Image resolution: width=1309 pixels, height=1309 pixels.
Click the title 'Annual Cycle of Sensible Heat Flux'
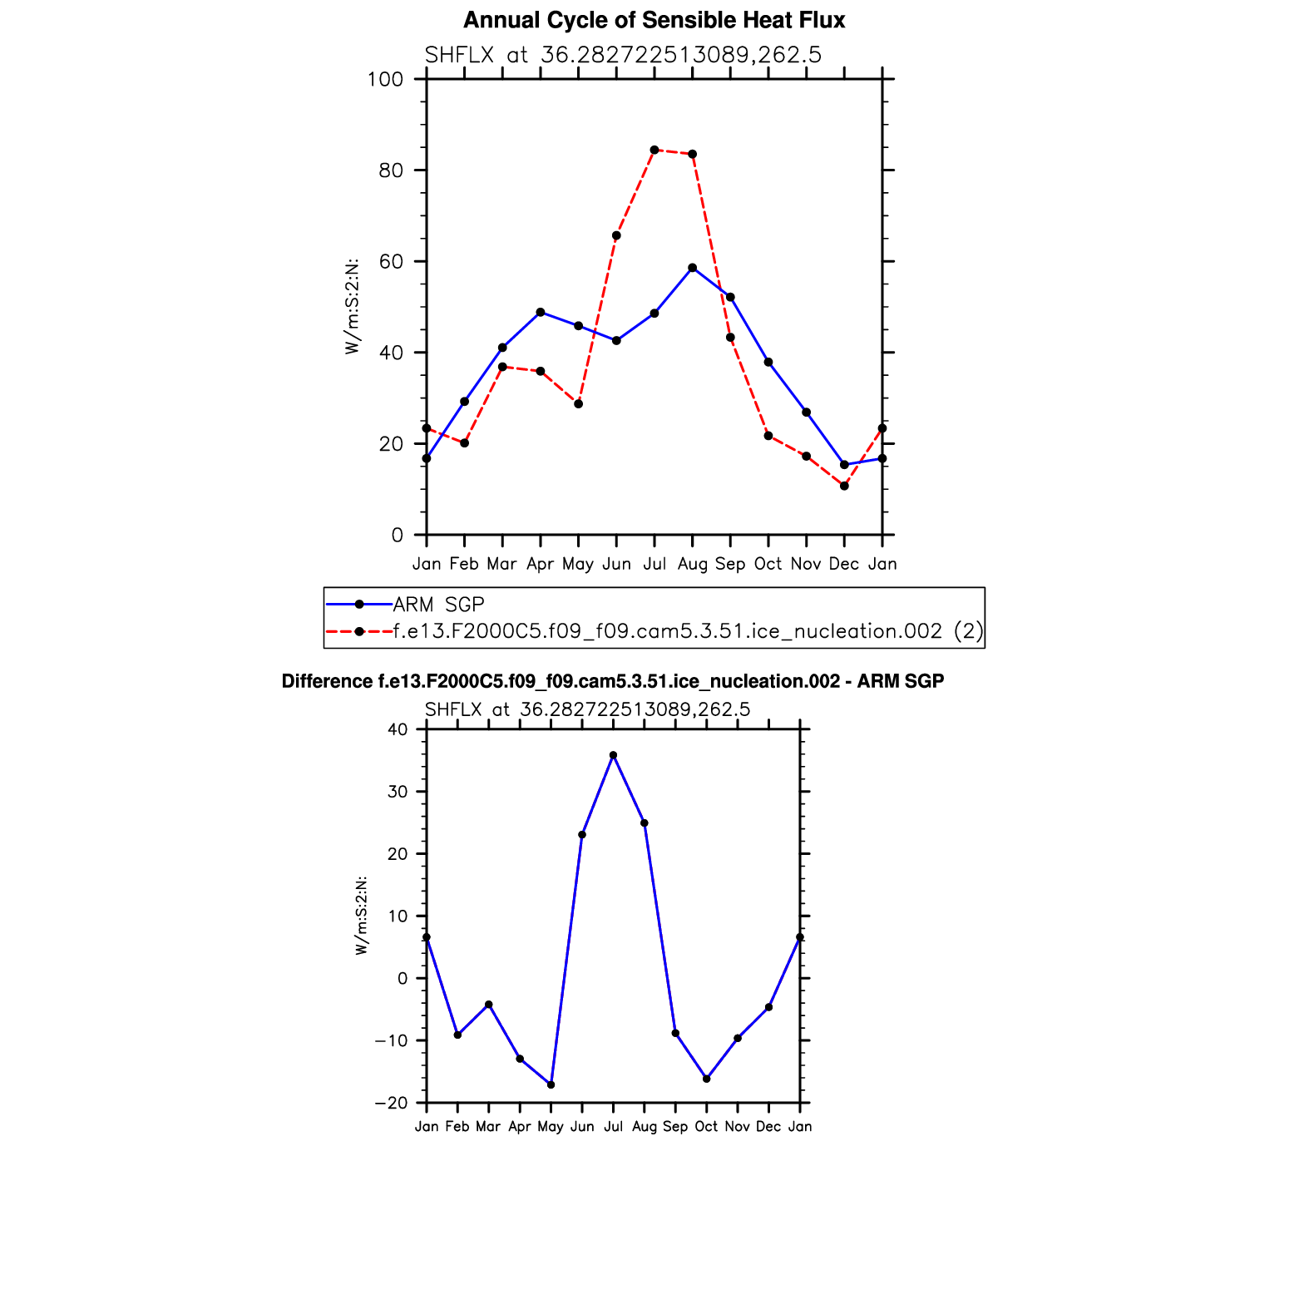(x=654, y=21)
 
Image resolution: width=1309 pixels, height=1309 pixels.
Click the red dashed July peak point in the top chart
(x=654, y=150)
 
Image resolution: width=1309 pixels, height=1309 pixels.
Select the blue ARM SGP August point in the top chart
(x=692, y=268)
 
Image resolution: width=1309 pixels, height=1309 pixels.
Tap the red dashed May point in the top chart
(x=579, y=404)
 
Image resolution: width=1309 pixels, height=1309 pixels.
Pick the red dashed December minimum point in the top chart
(x=844, y=486)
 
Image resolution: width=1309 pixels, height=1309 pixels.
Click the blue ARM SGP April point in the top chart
(x=541, y=312)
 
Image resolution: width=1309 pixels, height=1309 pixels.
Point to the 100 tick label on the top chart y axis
(x=385, y=80)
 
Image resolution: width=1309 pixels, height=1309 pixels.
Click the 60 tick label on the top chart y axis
(x=390, y=262)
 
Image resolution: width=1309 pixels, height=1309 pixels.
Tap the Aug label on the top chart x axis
(x=692, y=565)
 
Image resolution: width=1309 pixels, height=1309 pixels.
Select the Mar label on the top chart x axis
(x=501, y=565)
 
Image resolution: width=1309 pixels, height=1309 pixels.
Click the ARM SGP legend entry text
(x=438, y=605)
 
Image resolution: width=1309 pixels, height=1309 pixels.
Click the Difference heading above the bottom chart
(x=613, y=682)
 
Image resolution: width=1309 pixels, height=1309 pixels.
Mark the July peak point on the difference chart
(x=613, y=755)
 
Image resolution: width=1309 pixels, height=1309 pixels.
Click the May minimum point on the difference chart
(x=551, y=1084)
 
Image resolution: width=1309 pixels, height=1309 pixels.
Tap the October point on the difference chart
(x=706, y=1079)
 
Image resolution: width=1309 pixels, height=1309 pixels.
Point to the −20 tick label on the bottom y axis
(x=391, y=1104)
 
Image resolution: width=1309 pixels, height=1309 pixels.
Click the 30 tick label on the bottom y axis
(x=398, y=792)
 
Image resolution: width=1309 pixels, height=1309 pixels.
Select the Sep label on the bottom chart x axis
(x=675, y=1127)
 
